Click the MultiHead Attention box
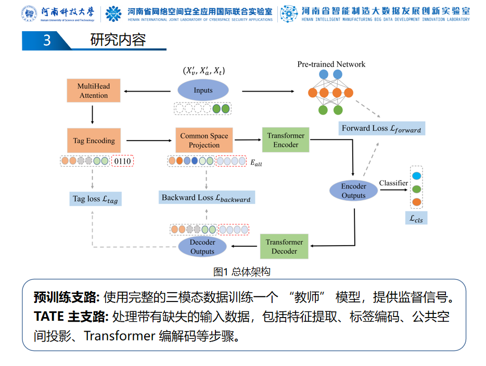[94, 91]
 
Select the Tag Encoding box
[94, 141]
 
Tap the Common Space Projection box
[204, 141]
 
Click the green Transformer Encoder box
[286, 140]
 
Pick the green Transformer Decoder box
[284, 246]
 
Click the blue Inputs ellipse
[203, 90]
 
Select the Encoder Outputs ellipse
[353, 191]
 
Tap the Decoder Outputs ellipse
[202, 247]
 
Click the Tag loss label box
[96, 198]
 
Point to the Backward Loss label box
[206, 197]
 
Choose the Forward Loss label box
[381, 129]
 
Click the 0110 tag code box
[123, 161]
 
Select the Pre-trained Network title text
[331, 65]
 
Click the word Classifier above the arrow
[393, 183]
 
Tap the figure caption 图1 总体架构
[242, 272]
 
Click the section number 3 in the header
[47, 40]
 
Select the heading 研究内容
[118, 40]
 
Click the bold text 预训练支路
[66, 298]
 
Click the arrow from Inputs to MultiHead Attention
[150, 92]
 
